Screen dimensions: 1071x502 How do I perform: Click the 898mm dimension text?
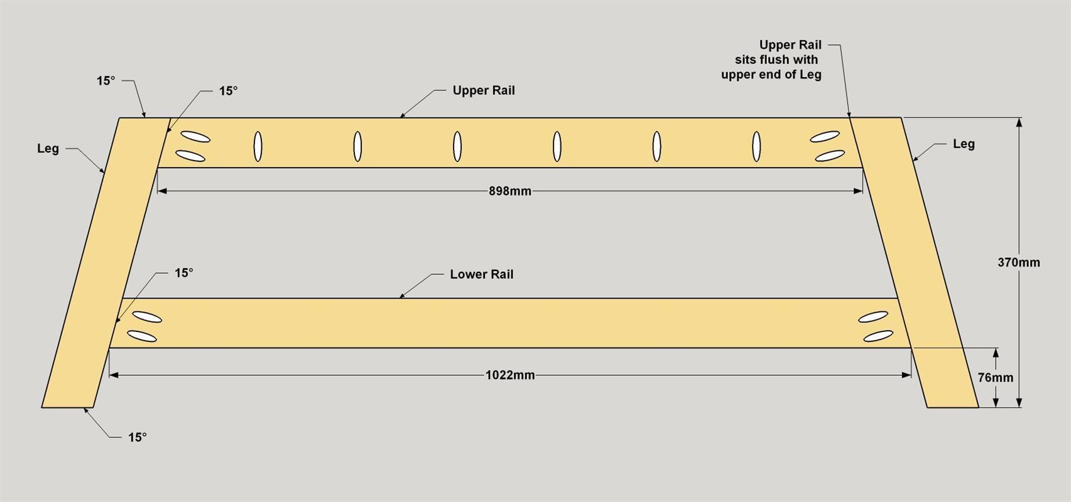click(509, 191)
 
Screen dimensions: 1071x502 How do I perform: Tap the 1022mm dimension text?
click(510, 375)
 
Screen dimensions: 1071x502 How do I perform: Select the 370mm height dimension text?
click(1019, 262)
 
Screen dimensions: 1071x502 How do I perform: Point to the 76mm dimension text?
click(996, 378)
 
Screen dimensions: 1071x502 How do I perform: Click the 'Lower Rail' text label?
click(481, 274)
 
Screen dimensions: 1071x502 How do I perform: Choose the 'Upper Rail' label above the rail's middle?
click(484, 91)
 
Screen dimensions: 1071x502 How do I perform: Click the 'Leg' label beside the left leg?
click(48, 149)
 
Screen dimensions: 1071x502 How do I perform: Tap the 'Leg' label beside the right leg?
click(964, 144)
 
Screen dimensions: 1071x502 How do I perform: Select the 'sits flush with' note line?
click(776, 60)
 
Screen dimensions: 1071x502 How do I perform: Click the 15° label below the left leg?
click(137, 437)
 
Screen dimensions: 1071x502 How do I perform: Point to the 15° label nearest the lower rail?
click(183, 273)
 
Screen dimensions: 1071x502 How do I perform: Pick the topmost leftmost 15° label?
click(106, 81)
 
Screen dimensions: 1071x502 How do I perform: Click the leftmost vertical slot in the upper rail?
click(258, 146)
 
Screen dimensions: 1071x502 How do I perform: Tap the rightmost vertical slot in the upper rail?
click(756, 146)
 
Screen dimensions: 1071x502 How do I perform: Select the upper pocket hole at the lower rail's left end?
click(147, 317)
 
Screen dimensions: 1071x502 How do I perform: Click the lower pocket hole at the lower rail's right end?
click(878, 336)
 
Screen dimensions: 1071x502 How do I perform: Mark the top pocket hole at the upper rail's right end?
click(825, 137)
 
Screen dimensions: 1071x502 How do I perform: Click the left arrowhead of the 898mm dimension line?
click(162, 191)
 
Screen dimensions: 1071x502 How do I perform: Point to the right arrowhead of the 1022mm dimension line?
click(906, 375)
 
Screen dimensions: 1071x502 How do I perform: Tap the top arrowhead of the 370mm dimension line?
click(1019, 122)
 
